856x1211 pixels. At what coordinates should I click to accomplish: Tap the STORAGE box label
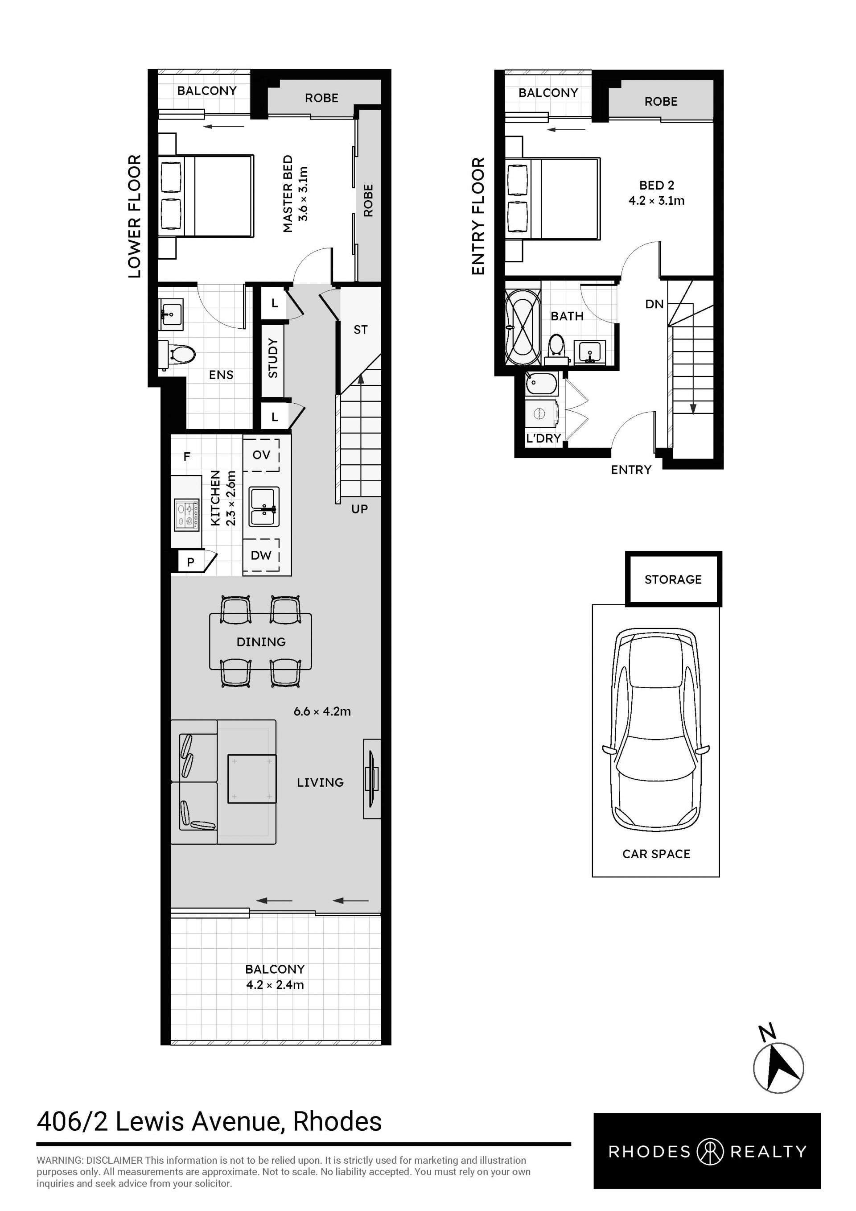pyautogui.click(x=673, y=580)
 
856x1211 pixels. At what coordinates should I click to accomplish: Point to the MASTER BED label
pyautogui.click(x=288, y=194)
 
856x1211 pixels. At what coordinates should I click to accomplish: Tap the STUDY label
pyautogui.click(x=273, y=359)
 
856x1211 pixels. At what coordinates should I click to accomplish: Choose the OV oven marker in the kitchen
pyautogui.click(x=261, y=455)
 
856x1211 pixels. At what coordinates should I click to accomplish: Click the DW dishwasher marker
pyautogui.click(x=261, y=555)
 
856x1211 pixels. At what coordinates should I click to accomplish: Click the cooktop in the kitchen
pyautogui.click(x=187, y=515)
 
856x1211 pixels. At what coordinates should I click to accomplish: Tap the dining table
pyautogui.click(x=261, y=641)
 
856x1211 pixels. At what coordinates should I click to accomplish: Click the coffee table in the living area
pyautogui.click(x=252, y=778)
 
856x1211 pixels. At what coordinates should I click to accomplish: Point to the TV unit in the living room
pyautogui.click(x=371, y=778)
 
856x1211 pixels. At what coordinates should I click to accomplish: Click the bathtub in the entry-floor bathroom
pyautogui.click(x=523, y=327)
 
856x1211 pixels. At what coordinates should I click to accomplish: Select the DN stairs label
pyautogui.click(x=654, y=304)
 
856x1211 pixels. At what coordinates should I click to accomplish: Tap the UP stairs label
pyautogui.click(x=359, y=509)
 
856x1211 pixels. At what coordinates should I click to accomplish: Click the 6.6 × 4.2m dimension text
pyautogui.click(x=322, y=711)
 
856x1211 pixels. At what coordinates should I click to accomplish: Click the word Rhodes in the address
pyautogui.click(x=337, y=1121)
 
